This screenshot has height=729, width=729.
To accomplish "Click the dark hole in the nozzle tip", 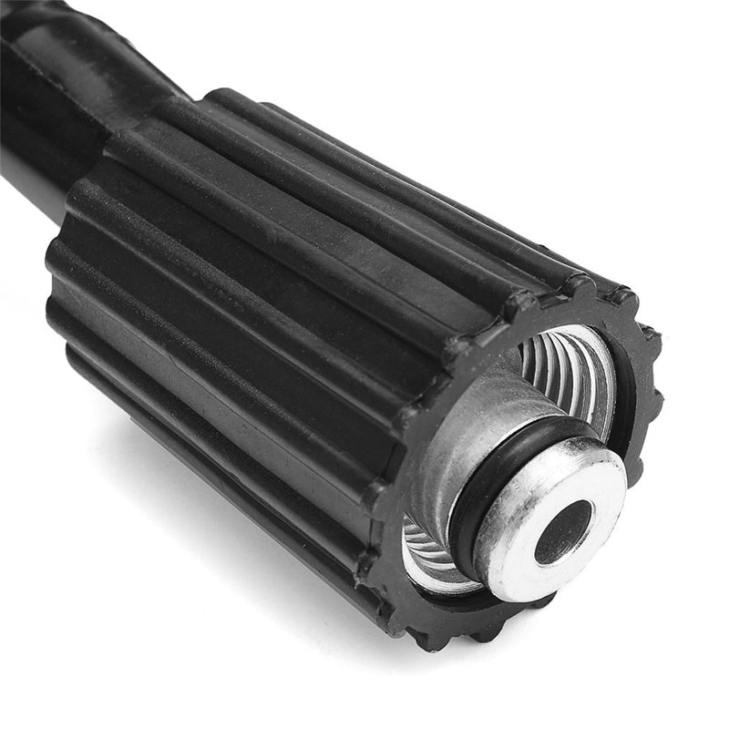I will click(x=562, y=532).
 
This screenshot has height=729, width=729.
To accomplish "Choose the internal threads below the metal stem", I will click(x=428, y=556).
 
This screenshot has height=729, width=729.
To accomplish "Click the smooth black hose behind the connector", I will click(x=36, y=137).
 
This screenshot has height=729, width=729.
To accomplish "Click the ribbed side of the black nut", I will click(x=273, y=273).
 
